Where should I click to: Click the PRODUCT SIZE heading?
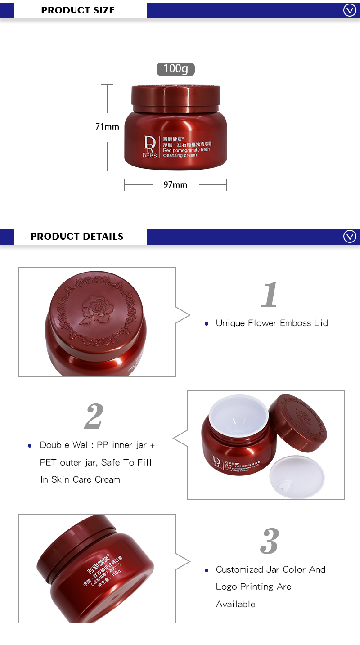[x=77, y=10]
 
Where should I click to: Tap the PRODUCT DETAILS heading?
[x=76, y=236]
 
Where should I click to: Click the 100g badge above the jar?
[x=175, y=68]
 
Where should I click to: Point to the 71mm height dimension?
[x=107, y=126]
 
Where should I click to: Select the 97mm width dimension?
[x=175, y=184]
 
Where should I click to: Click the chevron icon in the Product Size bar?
[x=350, y=10]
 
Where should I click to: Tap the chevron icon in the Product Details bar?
[x=350, y=236]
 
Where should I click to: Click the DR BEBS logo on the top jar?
[x=150, y=146]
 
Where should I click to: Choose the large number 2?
[x=94, y=417]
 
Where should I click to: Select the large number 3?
[x=270, y=541]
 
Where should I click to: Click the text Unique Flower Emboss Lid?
[x=272, y=323]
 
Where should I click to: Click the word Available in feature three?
[x=235, y=604]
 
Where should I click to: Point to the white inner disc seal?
[x=297, y=477]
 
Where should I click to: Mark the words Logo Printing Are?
[x=253, y=587]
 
